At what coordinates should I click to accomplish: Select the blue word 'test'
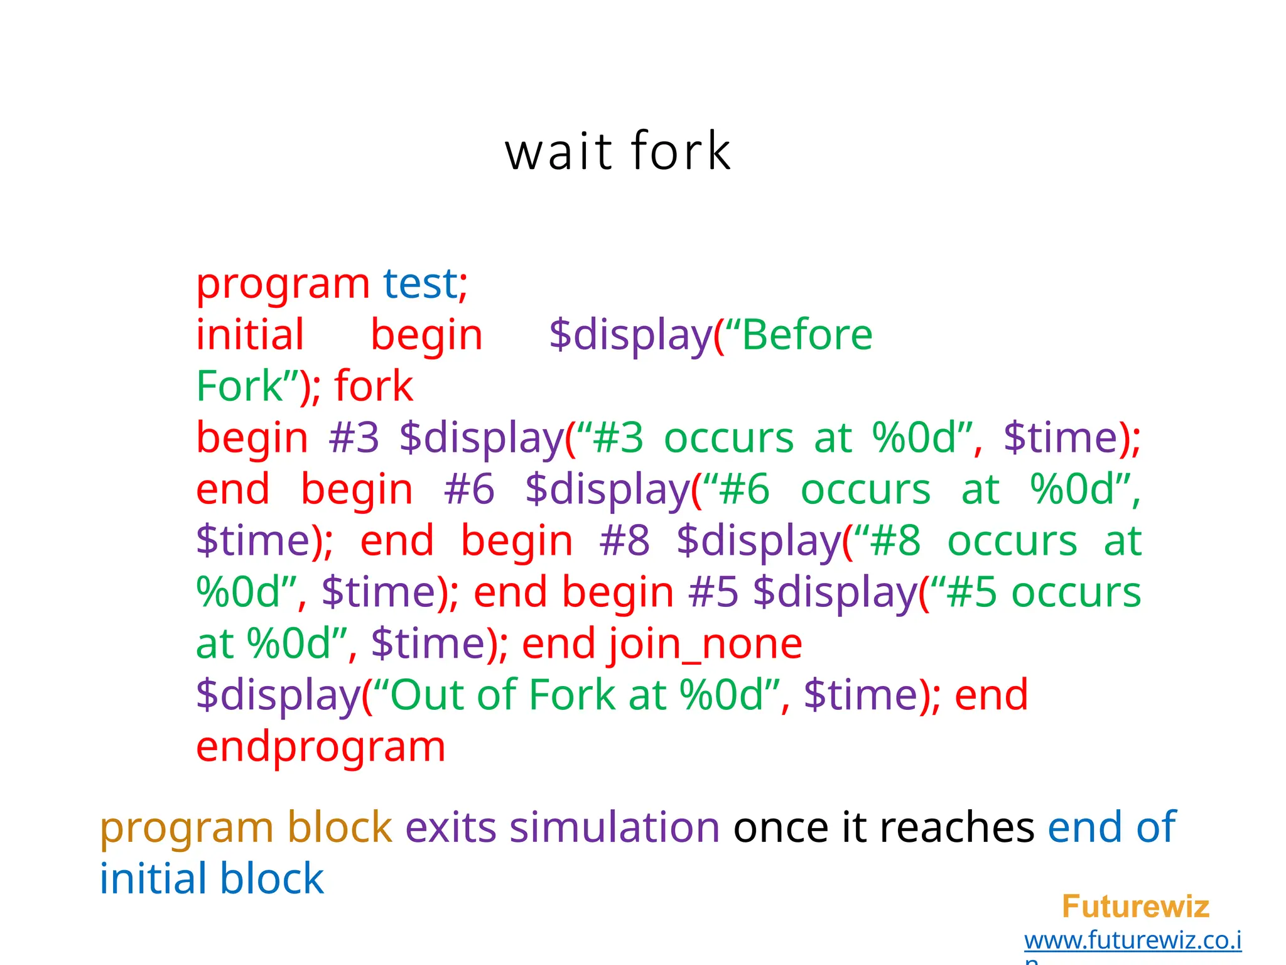point(421,284)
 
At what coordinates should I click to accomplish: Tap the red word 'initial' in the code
point(250,335)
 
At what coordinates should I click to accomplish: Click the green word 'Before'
point(807,335)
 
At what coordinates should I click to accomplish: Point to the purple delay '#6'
point(469,489)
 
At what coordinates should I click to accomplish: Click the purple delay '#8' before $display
point(624,541)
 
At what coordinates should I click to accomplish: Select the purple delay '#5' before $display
point(713,592)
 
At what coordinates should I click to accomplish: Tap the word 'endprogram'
point(320,747)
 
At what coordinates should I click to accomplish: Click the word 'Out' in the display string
point(426,695)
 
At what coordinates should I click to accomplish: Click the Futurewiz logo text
point(1135,907)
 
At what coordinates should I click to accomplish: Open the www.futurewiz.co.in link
point(1132,940)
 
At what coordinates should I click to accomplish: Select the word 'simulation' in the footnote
point(614,827)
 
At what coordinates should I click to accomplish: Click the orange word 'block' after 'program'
point(340,827)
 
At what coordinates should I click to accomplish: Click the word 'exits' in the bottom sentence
point(451,827)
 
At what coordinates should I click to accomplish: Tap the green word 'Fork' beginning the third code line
point(239,386)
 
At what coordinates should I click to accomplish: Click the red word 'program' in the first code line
point(283,285)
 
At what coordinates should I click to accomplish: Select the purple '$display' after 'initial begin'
point(630,335)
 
